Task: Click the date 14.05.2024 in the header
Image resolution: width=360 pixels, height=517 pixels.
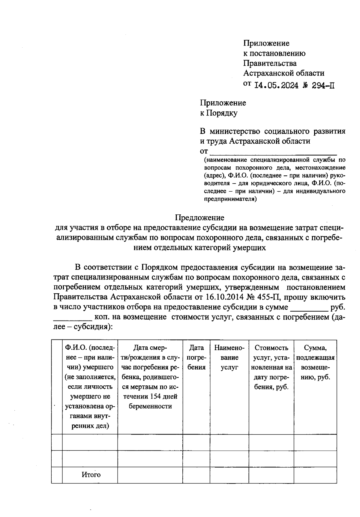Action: (x=276, y=85)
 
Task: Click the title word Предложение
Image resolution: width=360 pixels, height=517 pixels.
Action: (x=199, y=217)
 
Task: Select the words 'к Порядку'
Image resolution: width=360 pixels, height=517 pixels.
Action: (x=219, y=113)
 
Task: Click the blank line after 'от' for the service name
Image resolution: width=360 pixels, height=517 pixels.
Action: (x=273, y=151)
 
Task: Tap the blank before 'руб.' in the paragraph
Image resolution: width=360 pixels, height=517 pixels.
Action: (x=309, y=307)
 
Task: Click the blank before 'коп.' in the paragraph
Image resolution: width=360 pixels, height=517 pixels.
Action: (x=73, y=317)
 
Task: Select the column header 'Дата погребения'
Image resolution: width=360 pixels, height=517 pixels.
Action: (x=196, y=357)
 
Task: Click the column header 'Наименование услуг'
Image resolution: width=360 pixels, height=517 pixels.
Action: (x=229, y=357)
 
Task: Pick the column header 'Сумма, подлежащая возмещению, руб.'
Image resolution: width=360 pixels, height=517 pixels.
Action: (x=315, y=362)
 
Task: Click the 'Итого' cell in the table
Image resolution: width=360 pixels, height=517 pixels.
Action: (x=91, y=475)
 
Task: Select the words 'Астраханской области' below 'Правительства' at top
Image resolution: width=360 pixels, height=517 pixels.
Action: (x=283, y=73)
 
